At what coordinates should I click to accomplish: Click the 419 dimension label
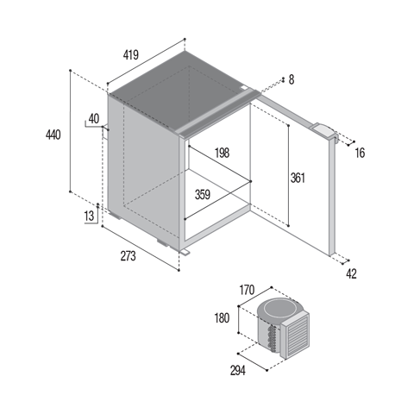pyautogui.click(x=131, y=54)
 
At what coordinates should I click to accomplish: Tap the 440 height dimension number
pyautogui.click(x=53, y=135)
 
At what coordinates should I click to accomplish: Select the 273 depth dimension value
pyautogui.click(x=128, y=256)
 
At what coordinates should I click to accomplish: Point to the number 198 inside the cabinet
pyautogui.click(x=223, y=153)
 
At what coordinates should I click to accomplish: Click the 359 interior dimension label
pyautogui.click(x=203, y=195)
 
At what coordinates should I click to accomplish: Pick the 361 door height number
pyautogui.click(x=298, y=178)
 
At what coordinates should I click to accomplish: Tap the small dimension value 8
pyautogui.click(x=292, y=79)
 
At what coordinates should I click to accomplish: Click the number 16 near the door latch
pyautogui.click(x=360, y=153)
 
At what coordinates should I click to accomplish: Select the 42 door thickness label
pyautogui.click(x=351, y=273)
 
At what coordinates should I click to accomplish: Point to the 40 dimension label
pyautogui.click(x=94, y=119)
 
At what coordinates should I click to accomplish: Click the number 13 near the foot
pyautogui.click(x=89, y=216)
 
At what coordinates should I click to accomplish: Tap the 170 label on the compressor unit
pyautogui.click(x=248, y=290)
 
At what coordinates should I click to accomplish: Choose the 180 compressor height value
pyautogui.click(x=222, y=318)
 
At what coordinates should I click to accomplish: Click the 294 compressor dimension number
pyautogui.click(x=238, y=371)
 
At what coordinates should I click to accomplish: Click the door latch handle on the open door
pyautogui.click(x=325, y=131)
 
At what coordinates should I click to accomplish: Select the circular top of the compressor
pyautogui.click(x=278, y=310)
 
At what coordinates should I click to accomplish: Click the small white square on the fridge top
pyautogui.click(x=244, y=88)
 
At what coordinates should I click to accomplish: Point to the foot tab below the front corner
pyautogui.click(x=185, y=252)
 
